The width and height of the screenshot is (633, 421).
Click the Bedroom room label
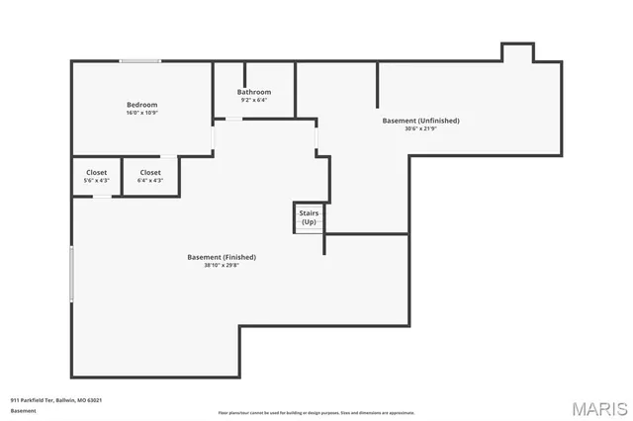pyautogui.click(x=141, y=105)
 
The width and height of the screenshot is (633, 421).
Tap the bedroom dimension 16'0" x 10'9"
pyautogui.click(x=141, y=113)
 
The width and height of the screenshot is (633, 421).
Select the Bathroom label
pyautogui.click(x=254, y=92)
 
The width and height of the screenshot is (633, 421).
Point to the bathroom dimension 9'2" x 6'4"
pyautogui.click(x=254, y=100)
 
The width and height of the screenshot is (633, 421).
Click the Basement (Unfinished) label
pyautogui.click(x=420, y=121)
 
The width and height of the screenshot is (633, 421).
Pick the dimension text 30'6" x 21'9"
pyautogui.click(x=420, y=128)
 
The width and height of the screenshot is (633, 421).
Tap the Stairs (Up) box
pyautogui.click(x=309, y=217)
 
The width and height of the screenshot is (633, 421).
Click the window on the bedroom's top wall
pyautogui.click(x=141, y=62)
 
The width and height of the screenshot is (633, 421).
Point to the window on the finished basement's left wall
pyautogui.click(x=71, y=274)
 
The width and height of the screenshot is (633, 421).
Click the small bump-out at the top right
pyautogui.click(x=517, y=52)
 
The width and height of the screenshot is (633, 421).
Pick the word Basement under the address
pyautogui.click(x=23, y=410)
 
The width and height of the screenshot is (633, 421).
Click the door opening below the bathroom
pyautogui.click(x=233, y=120)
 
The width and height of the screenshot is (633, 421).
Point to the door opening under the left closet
pyautogui.click(x=103, y=196)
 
